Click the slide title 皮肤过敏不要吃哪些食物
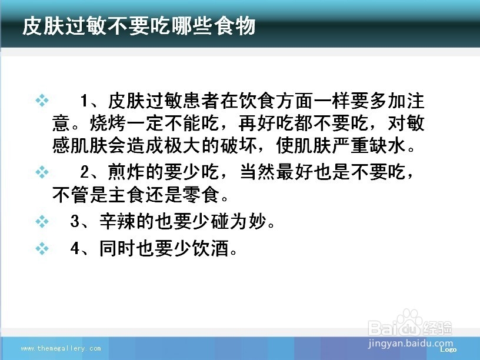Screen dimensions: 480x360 pyautogui.click(x=139, y=26)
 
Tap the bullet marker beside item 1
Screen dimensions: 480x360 pyautogui.click(x=42, y=101)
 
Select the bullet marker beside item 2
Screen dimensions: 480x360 pyautogui.click(x=42, y=172)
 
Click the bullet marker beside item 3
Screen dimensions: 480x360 pyautogui.click(x=42, y=221)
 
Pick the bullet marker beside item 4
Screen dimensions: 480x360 pyautogui.click(x=42, y=248)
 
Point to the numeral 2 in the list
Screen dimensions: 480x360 pyautogui.click(x=85, y=172)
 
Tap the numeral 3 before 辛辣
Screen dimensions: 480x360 pyautogui.click(x=75, y=221)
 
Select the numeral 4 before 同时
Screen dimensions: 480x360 pyautogui.click(x=75, y=248)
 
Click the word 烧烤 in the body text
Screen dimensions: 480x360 pyautogui.click(x=108, y=123)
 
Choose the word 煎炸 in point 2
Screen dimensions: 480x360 pyautogui.click(x=126, y=172)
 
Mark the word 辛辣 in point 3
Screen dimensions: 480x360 pyautogui.click(x=118, y=221)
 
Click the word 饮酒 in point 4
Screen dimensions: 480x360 pyautogui.click(x=211, y=248)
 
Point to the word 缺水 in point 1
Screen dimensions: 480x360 pyautogui.click(x=388, y=145)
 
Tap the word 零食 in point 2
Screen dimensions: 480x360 pyautogui.click(x=201, y=194)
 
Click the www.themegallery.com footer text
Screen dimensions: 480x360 pyautogui.click(x=61, y=348)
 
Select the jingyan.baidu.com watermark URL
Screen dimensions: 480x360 pyautogui.click(x=410, y=344)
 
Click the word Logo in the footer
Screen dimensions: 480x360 pyautogui.click(x=448, y=349)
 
